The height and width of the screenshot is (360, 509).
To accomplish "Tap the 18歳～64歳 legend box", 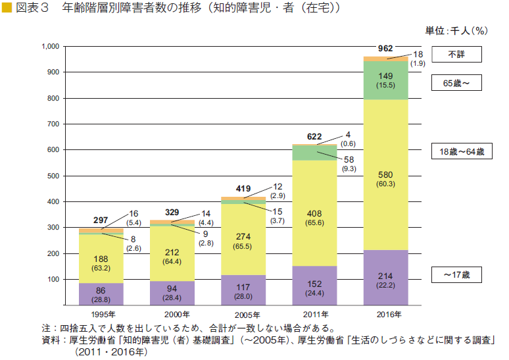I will (461, 152).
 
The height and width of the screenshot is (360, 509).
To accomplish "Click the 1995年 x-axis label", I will (101, 314).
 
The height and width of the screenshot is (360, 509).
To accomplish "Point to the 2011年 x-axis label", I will (314, 314).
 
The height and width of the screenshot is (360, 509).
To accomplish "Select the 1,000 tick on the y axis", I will (50, 47).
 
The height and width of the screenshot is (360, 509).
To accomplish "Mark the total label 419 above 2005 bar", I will (243, 189).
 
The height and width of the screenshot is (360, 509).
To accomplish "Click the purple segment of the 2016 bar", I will (386, 278).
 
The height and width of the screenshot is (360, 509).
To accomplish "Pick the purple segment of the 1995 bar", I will (101, 294).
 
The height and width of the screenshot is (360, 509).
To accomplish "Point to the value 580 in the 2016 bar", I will (386, 174).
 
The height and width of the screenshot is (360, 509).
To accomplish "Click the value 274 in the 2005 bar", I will (243, 236).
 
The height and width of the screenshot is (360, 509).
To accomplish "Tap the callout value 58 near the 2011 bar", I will (349, 159).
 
